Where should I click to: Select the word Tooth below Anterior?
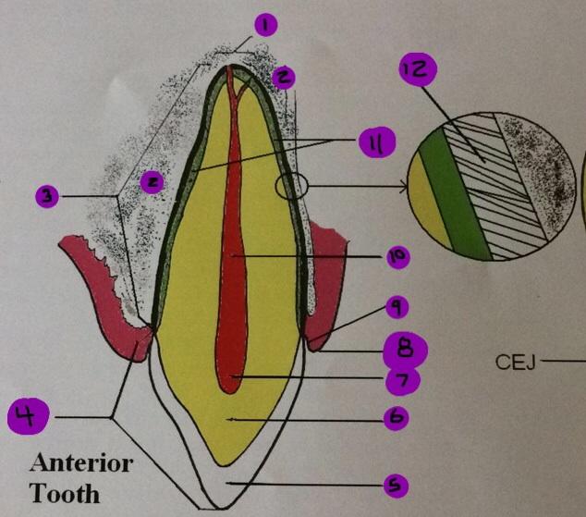[66, 494]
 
